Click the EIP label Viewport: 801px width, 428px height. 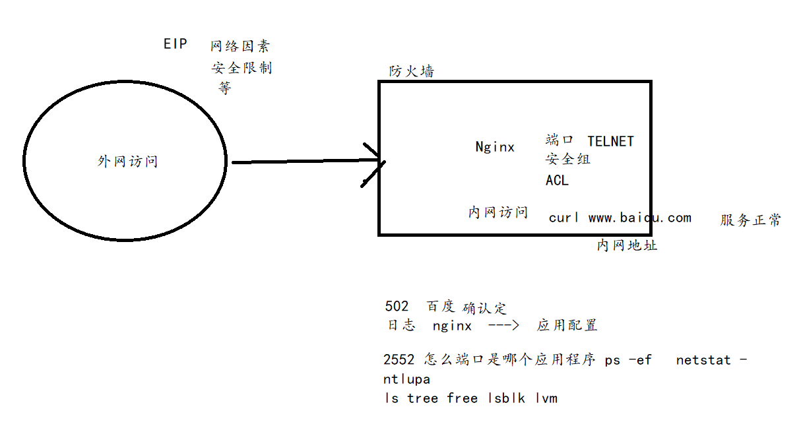pyautogui.click(x=176, y=44)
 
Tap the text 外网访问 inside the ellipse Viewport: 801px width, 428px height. pyautogui.click(x=127, y=162)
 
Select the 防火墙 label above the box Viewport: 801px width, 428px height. pyautogui.click(x=412, y=71)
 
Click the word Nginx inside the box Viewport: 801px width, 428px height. pyautogui.click(x=495, y=147)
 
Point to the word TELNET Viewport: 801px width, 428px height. pyautogui.click(x=610, y=141)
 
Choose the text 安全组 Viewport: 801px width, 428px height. pyautogui.click(x=568, y=159)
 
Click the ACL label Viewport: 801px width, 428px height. pyautogui.click(x=557, y=180)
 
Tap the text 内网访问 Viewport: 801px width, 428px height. pyautogui.click(x=498, y=212)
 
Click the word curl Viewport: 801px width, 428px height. pyautogui.click(x=564, y=218)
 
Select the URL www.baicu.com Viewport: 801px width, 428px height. pyautogui.click(x=640, y=218)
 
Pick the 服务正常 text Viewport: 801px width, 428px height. pyautogui.click(x=750, y=220)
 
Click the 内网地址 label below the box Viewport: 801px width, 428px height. pyautogui.click(x=627, y=245)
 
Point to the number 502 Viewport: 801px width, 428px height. pyautogui.click(x=397, y=307)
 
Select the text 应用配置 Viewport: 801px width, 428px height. pyautogui.click(x=567, y=325)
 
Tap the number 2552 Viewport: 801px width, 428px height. pyautogui.click(x=399, y=359)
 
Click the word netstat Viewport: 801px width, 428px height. pyautogui.click(x=704, y=360)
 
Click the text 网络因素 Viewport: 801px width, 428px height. pyautogui.click(x=240, y=46)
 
